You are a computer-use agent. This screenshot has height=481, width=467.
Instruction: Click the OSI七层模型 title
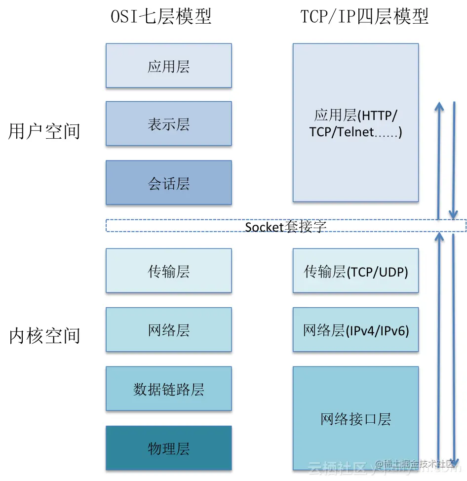click(161, 16)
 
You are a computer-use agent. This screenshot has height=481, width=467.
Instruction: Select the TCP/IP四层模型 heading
click(364, 16)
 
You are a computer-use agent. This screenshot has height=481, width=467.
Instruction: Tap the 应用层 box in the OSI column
click(169, 66)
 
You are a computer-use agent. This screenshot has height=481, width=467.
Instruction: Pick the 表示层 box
click(169, 124)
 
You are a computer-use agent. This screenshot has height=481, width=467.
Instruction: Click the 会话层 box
click(169, 183)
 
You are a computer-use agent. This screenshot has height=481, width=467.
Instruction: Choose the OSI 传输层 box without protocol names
click(169, 271)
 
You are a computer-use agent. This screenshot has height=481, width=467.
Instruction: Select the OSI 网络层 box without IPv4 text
click(169, 330)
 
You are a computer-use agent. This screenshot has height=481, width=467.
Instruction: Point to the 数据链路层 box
click(169, 389)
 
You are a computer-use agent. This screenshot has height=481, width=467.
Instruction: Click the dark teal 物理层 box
click(169, 448)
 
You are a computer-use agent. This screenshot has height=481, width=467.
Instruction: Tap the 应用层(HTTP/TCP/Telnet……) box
click(355, 123)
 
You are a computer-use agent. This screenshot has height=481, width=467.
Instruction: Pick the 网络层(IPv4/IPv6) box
click(355, 330)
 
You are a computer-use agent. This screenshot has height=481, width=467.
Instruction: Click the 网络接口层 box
click(355, 418)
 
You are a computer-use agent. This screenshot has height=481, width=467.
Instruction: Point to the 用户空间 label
click(44, 131)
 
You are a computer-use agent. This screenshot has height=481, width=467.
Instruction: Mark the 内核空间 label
click(44, 336)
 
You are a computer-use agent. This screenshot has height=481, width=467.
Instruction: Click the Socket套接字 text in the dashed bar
click(286, 226)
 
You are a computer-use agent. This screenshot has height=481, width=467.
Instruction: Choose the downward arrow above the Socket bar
click(453, 158)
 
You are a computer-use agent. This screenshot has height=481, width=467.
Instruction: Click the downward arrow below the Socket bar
click(453, 346)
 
